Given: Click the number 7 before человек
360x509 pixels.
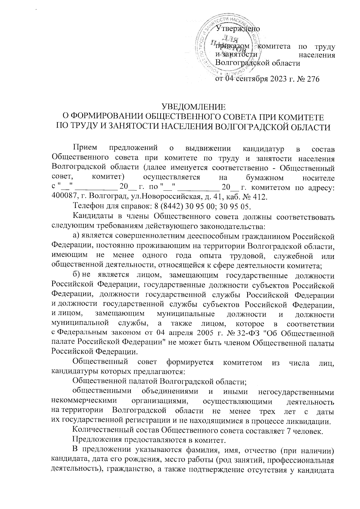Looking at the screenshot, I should (x=290, y=431).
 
